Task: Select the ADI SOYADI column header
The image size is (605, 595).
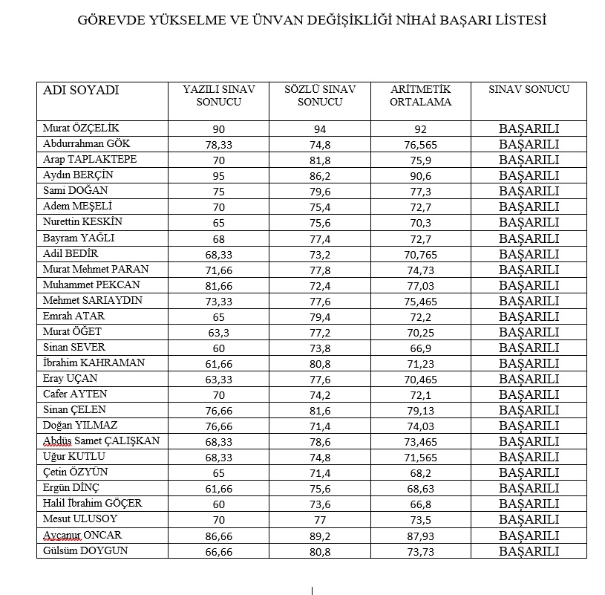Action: [81, 91]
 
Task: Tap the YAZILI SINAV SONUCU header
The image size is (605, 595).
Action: [219, 96]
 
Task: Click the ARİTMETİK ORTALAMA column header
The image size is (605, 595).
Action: [421, 96]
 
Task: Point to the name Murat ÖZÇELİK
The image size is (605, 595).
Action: [81, 129]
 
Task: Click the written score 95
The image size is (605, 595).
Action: [218, 176]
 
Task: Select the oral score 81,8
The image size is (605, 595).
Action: [320, 160]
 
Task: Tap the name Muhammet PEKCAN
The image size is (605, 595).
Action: [91, 285]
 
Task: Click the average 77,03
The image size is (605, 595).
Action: [421, 286]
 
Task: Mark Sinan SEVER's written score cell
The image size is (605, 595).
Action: [218, 348]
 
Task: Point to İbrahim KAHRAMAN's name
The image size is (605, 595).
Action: [94, 363]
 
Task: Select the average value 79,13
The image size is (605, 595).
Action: [421, 411]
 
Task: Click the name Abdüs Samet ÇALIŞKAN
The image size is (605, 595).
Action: [101, 441]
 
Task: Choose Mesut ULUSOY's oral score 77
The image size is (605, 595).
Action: [320, 520]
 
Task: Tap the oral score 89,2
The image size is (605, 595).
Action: [320, 536]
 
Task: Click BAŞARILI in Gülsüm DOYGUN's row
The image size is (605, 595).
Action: [529, 551]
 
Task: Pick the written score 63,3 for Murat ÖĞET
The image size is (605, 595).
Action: [218, 333]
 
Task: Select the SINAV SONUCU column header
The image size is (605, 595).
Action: [529, 90]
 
